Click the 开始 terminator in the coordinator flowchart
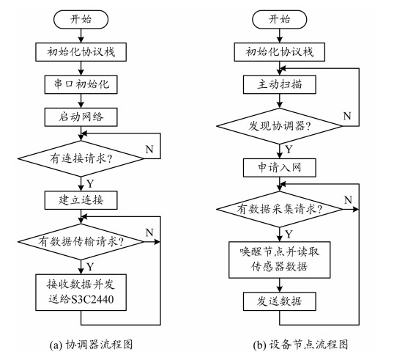click(81, 19)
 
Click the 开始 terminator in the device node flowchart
click(280, 19)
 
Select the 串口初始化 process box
click(81, 84)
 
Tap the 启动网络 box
click(81, 117)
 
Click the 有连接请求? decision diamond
click(81, 158)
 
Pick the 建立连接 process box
click(81, 200)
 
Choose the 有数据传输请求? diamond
click(81, 242)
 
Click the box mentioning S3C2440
click(81, 293)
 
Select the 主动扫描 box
click(280, 84)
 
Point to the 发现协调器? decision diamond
click(280, 126)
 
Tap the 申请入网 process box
click(280, 168)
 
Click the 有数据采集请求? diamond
click(280, 209)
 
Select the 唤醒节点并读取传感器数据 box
click(280, 260)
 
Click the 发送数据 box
click(280, 301)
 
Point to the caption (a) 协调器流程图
click(91, 345)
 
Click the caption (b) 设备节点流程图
click(300, 345)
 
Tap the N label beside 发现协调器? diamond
click(347, 116)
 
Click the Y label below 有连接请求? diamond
click(90, 183)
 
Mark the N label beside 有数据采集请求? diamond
click(348, 199)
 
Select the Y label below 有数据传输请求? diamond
click(90, 267)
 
